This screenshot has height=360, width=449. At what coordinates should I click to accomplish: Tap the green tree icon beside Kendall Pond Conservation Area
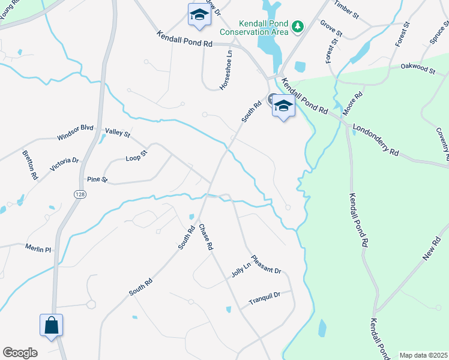tap(297, 26)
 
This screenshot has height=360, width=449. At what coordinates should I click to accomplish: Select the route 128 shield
tap(79, 194)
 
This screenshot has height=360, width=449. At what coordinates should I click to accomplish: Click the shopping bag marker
tap(52, 326)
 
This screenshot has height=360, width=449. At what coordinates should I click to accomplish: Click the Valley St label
tap(118, 132)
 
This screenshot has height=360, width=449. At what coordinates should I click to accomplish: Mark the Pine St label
tap(97, 179)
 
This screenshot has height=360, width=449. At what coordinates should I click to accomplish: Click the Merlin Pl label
tap(39, 248)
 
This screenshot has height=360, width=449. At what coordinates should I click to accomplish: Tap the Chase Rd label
tap(206, 237)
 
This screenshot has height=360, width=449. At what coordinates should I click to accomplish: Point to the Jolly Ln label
tap(241, 269)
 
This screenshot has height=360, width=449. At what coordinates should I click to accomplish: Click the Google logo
tap(20, 353)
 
